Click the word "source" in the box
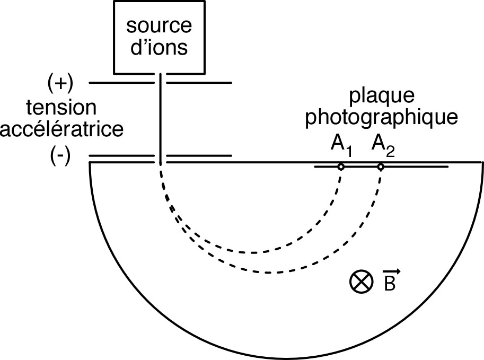coord(160,26)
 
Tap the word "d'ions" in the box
coord(160,48)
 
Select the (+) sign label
coord(60,83)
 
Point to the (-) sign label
coord(59,157)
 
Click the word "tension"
coord(62,108)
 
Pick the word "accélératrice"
coord(61,128)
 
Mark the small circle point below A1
coord(341,167)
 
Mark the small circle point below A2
coord(381,167)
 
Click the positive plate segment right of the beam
coord(199,83)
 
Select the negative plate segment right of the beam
coord(199,156)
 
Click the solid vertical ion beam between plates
coord(160,119)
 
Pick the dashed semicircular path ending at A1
coord(249,252)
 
